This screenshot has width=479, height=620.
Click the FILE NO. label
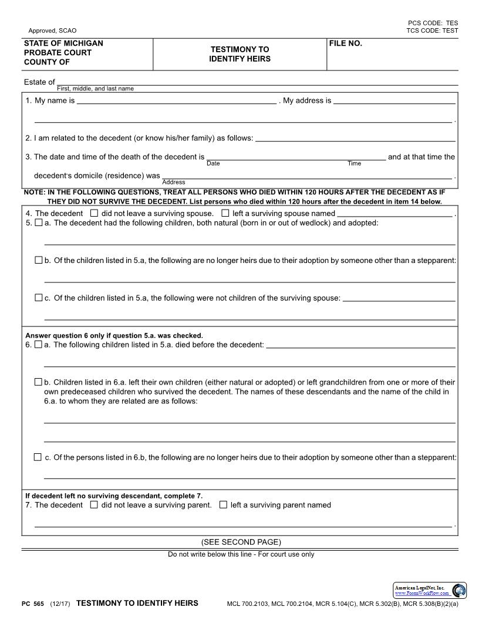point(346,43)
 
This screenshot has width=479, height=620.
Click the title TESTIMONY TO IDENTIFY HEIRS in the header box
point(239,55)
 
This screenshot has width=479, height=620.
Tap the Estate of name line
point(257,82)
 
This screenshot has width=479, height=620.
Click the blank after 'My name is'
point(176,101)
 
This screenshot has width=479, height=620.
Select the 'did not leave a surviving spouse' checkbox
point(95,214)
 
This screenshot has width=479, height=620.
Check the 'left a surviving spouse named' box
point(225,214)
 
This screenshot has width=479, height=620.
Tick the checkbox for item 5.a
point(39,223)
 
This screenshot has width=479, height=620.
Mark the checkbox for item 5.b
point(39,260)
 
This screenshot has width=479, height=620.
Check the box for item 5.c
point(39,298)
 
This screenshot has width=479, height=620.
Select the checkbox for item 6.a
point(39,345)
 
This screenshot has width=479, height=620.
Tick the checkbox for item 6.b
point(39,382)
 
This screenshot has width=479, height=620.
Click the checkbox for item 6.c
point(38,457)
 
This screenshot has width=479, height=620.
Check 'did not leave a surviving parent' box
point(95,505)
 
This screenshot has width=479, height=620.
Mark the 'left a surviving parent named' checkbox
point(223,505)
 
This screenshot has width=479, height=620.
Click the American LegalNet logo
point(430,590)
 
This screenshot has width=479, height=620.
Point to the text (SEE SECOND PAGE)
point(241,542)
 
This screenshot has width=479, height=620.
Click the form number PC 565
point(33,604)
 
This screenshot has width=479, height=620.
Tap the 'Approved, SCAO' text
point(52,31)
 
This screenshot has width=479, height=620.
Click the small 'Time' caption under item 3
point(354,164)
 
